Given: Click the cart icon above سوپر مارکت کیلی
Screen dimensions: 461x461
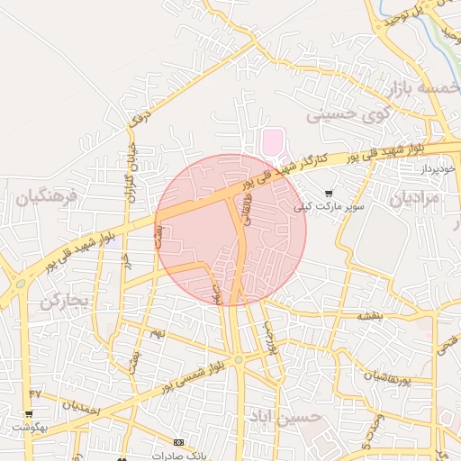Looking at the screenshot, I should tap(329, 193).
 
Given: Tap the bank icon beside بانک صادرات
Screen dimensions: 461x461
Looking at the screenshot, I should tap(178, 442).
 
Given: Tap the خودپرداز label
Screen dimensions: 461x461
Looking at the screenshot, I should tap(440, 168).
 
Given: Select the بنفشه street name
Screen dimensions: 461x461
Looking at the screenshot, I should tap(370, 315).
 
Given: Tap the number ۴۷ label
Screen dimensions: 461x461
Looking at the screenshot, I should tap(35, 393).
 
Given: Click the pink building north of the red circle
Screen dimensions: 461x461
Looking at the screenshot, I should tap(272, 141).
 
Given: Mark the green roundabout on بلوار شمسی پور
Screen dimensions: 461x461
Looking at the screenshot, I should tap(238, 360).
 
